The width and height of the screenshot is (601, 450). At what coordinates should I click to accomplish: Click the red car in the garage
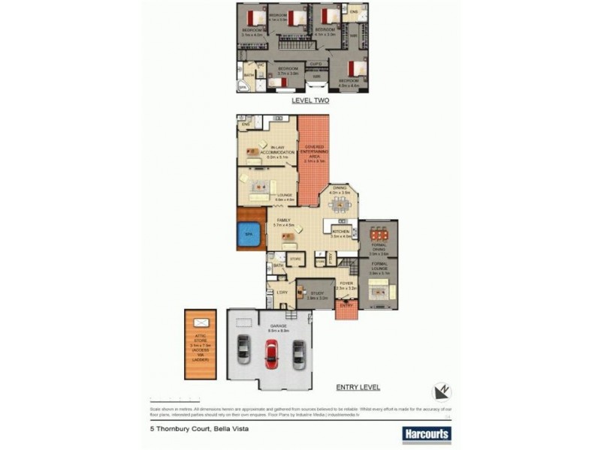(271, 352)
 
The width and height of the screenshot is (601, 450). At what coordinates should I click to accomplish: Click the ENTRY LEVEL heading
(358, 387)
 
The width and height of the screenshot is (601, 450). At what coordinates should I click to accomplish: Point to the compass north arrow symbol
(442, 391)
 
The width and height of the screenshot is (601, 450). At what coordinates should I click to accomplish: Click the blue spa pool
(248, 235)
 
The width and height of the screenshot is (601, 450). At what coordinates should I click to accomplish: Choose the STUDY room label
(318, 293)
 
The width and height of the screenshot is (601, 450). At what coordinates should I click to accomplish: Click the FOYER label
(345, 283)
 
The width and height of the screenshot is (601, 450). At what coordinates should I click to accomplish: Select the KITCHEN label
(341, 232)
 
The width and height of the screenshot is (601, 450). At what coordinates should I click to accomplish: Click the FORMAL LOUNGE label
(378, 267)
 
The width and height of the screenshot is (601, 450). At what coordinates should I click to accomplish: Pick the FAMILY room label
(282, 220)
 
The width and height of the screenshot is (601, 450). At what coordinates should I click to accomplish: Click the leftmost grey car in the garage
(243, 349)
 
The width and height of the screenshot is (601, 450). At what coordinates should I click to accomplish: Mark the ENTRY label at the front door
(346, 305)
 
